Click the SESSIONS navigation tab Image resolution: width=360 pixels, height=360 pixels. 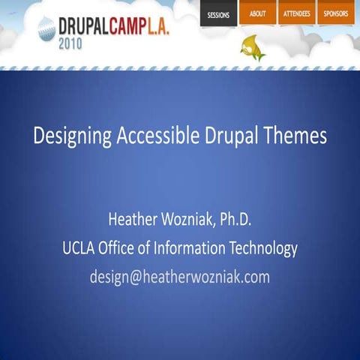coord(218,14)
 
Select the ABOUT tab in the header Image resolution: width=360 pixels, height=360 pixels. coord(257,13)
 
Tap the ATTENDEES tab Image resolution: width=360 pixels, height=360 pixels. coord(296,13)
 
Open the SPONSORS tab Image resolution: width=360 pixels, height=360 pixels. coord(335,13)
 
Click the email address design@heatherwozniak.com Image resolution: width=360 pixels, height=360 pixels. coord(180,277)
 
